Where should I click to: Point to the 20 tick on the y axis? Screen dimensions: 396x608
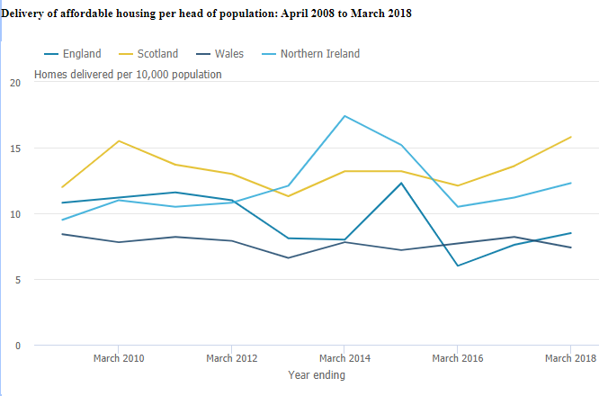pos(14,83)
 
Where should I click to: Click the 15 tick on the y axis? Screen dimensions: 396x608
pos(14,148)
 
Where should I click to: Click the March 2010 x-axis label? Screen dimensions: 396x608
pos(119,358)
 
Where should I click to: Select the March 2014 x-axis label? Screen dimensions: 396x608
pos(344,358)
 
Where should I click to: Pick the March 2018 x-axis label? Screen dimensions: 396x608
pos(570,358)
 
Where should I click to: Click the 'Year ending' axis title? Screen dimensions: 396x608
pos(316,375)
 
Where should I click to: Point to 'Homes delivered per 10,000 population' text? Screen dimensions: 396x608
pos(128,75)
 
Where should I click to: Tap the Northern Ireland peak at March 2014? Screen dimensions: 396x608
pos(344,116)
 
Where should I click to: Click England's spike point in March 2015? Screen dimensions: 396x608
pos(401,184)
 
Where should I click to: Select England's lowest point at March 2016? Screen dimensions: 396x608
pos(458,265)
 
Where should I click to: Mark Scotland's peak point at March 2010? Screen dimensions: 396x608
pos(119,141)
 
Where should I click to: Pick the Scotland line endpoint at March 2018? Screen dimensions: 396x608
pos(570,138)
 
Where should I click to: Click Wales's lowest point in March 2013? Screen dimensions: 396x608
pos(288,258)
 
